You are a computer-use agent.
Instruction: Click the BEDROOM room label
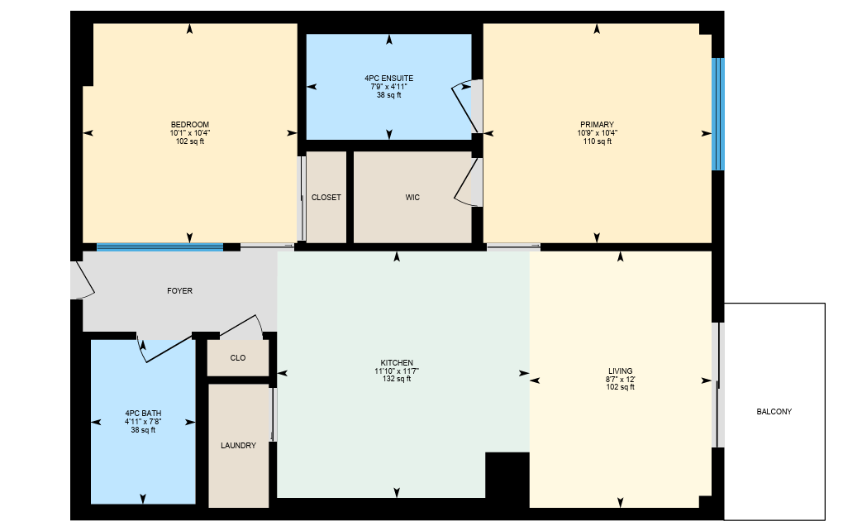click(x=189, y=125)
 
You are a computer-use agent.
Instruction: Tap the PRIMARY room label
click(x=597, y=125)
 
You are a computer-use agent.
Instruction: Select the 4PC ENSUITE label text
click(x=388, y=79)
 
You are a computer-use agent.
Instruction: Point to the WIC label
click(x=412, y=198)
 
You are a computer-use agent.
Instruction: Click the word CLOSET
click(x=326, y=198)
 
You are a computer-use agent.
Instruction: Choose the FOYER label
click(x=180, y=291)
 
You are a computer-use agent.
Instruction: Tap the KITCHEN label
click(x=397, y=363)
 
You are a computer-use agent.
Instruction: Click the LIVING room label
click(x=620, y=371)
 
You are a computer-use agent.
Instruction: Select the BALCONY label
click(x=774, y=412)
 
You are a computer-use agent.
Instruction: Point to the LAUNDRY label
click(x=239, y=446)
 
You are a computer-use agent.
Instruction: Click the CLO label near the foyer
click(x=238, y=358)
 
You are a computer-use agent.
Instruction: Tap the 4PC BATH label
click(x=143, y=414)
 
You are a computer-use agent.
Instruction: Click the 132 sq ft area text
click(x=397, y=379)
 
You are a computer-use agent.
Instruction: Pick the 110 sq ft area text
click(x=597, y=141)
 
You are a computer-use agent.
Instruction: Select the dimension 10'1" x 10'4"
click(x=189, y=133)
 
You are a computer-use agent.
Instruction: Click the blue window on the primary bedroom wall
click(x=718, y=114)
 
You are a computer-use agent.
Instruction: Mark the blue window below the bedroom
click(x=160, y=247)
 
